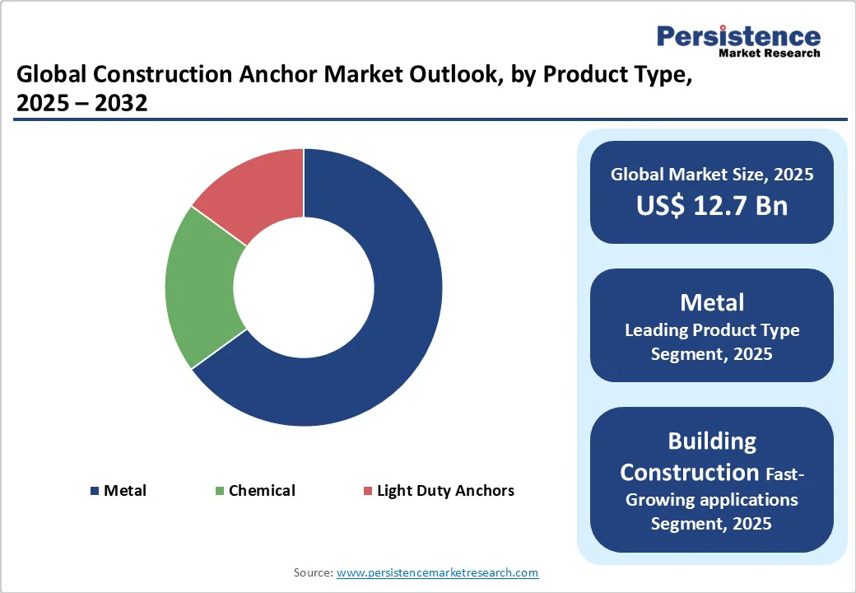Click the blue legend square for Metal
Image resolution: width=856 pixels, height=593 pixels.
point(95,491)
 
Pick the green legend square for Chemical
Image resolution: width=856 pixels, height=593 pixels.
point(219,491)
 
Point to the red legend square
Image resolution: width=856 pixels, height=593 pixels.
point(367,491)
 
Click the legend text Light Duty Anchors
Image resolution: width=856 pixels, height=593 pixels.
point(445,491)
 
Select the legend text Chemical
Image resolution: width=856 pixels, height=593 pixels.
point(262,491)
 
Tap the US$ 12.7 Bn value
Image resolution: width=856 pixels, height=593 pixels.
point(712,206)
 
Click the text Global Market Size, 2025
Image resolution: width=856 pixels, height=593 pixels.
point(712,174)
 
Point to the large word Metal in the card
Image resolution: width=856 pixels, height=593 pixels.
point(712,302)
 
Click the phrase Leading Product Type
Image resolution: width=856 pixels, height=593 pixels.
point(712,330)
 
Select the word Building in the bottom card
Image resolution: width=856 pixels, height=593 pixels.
point(712,441)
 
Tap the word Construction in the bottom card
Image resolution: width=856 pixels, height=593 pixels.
point(689,473)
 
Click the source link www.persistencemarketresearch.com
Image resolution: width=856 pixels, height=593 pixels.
point(437,572)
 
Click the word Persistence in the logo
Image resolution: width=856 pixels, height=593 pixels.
point(738,36)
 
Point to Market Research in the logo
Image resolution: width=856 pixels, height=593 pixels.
point(769,54)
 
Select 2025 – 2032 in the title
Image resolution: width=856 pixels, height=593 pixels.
point(82,104)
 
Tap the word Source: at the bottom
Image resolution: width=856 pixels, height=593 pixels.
point(314,572)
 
